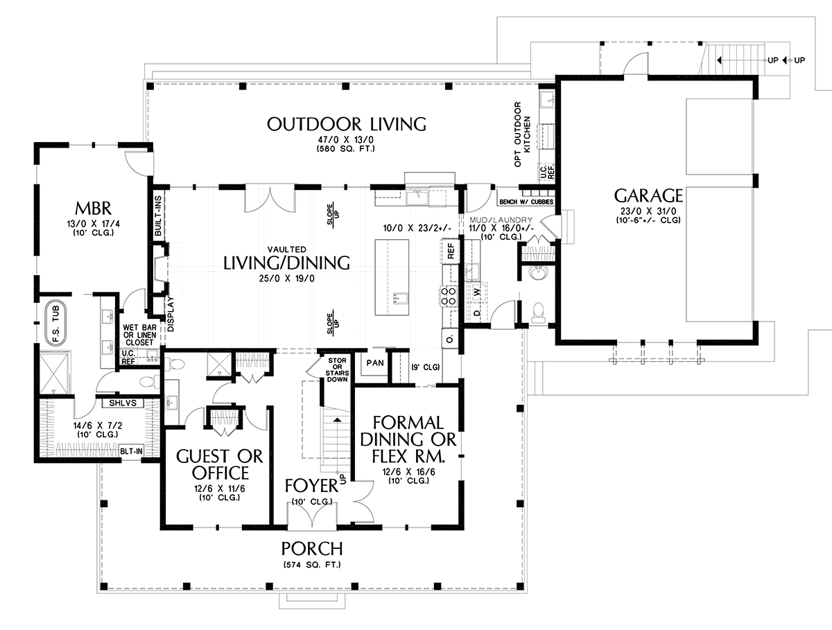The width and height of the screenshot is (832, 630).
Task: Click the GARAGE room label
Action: point(648,195)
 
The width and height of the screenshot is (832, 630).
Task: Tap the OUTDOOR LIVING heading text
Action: point(347,124)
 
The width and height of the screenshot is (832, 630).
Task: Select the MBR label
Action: point(93,209)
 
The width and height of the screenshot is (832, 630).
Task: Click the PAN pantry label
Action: point(375,363)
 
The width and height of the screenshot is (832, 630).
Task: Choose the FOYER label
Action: point(311,486)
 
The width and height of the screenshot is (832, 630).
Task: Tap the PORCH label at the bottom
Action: point(312,548)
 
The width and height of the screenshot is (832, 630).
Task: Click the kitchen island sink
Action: point(400,298)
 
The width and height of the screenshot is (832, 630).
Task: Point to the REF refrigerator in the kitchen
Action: point(451,251)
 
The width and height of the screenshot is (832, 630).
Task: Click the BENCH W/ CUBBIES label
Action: point(526,202)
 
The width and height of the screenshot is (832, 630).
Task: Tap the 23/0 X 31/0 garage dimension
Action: point(648,211)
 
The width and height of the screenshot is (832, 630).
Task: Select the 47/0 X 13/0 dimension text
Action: point(346,140)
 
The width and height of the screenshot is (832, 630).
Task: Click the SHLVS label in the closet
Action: point(123,403)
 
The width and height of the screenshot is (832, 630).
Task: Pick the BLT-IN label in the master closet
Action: point(131,451)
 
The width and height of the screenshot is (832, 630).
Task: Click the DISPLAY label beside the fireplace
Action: point(171,314)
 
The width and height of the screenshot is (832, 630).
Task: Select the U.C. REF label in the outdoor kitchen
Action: point(547,172)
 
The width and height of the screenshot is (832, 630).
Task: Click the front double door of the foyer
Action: point(312,514)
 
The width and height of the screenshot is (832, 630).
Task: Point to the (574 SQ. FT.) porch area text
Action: point(312,565)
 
